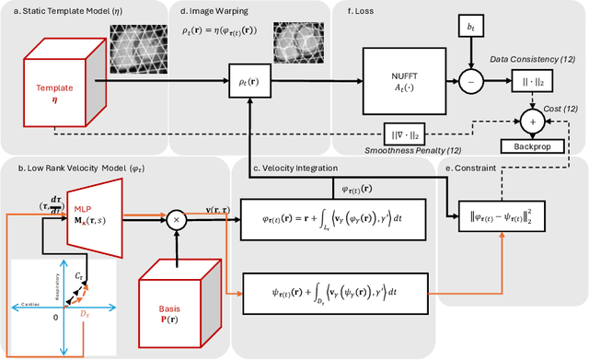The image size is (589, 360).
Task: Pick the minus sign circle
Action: point(472,82)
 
